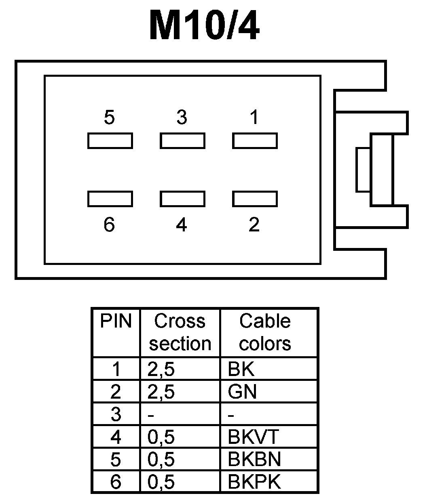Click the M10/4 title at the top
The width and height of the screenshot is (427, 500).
(204, 26)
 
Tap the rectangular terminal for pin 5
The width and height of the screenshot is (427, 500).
(110, 141)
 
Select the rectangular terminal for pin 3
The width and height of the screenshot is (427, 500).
(182, 141)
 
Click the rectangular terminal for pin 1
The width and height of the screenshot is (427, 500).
(255, 141)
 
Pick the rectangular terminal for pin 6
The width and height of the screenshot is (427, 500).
(110, 199)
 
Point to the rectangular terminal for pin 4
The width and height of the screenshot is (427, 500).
(182, 199)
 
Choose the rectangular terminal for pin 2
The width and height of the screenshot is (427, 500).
(255, 199)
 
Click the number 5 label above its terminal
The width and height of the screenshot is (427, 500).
(109, 118)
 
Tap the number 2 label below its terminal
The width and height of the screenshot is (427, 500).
(254, 225)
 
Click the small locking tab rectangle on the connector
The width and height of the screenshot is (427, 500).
(363, 170)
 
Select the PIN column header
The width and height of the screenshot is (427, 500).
(116, 322)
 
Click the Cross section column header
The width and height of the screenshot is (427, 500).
(180, 332)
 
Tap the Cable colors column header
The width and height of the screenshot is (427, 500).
(265, 332)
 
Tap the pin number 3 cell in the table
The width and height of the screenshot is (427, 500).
(116, 414)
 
